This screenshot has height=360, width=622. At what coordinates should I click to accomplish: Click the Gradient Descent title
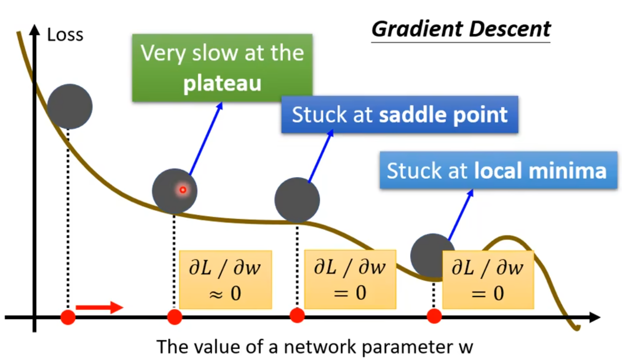460,29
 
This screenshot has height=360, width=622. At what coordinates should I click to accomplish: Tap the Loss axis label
65,35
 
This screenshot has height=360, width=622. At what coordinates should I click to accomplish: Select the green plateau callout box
222,68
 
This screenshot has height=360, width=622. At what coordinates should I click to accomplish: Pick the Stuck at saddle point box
399,115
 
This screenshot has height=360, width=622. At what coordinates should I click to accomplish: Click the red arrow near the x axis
99,307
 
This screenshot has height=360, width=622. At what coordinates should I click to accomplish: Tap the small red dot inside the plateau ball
183,190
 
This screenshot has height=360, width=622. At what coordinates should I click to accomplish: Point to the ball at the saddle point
297,200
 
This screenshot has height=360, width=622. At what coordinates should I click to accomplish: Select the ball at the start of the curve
70,106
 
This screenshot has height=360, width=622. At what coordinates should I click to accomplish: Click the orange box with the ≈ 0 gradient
225,279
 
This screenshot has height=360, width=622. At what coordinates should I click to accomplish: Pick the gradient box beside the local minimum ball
488,279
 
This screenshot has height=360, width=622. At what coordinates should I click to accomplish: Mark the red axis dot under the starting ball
68,317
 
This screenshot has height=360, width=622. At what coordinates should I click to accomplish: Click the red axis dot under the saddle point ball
297,316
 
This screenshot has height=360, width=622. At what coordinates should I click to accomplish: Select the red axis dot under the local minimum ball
434,316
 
